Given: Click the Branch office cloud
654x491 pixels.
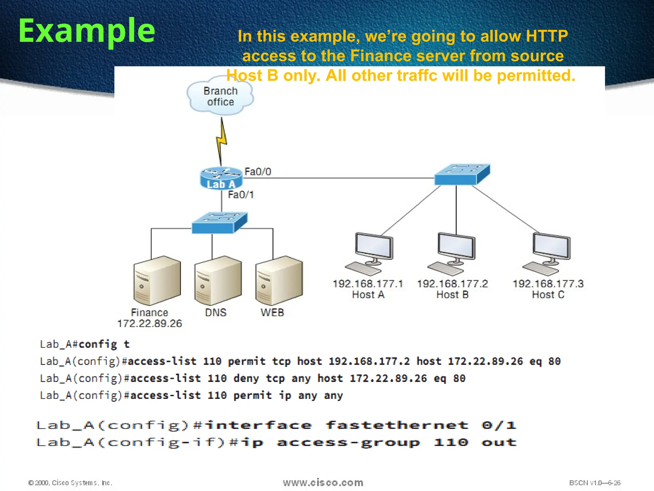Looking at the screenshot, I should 220,96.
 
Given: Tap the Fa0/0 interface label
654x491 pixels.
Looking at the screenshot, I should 258,172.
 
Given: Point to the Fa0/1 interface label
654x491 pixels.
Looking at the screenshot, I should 241,195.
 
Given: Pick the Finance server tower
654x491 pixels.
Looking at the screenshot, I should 157,280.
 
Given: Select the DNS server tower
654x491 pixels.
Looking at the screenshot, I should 218,280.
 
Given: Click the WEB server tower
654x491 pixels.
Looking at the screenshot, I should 279,280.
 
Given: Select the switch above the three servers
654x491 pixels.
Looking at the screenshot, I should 219,223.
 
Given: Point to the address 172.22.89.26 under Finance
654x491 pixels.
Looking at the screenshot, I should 149,323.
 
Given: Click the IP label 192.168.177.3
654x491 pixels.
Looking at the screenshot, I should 548,284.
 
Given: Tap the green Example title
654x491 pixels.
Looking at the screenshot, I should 87,31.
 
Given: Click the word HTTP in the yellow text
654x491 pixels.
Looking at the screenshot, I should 547,36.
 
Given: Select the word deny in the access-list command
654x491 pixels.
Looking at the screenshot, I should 246,378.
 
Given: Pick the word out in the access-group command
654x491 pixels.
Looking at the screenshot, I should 499,442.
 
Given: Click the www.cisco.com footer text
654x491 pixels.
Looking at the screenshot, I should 323,482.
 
